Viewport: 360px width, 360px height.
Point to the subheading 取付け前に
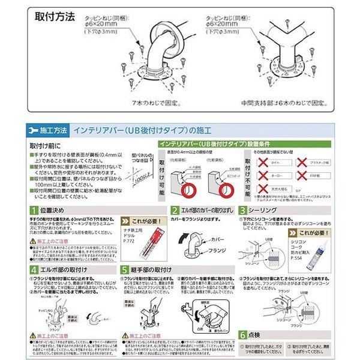tap(44, 146)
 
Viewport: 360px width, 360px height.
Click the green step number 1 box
tap(34, 211)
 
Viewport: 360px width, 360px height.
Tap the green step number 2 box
tap(174, 211)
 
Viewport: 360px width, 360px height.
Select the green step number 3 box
tap(242, 211)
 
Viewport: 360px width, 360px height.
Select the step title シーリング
tap(265, 211)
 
